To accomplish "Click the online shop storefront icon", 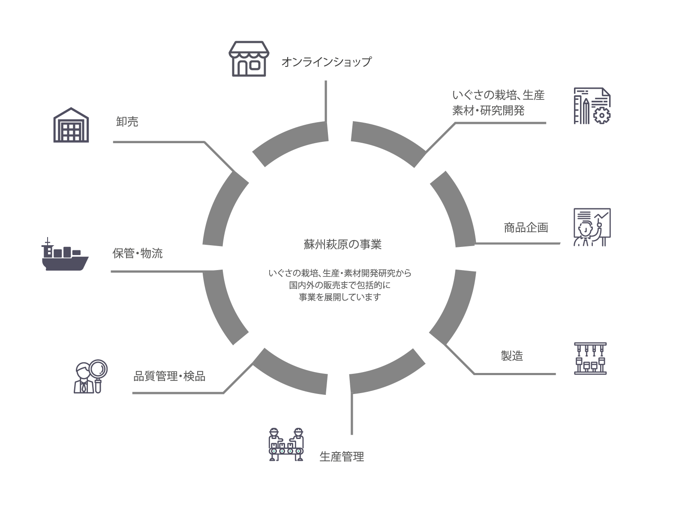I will tap(249, 59).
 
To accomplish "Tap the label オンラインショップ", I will tap(326, 62).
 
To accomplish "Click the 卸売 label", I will tap(127, 122).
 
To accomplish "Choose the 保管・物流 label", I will tap(137, 254).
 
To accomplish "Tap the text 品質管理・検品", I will tap(169, 377).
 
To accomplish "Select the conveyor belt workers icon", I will tap(286, 445).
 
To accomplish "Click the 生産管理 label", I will tap(342, 457).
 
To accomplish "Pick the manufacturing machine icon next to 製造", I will tap(590, 359).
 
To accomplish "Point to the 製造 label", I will tap(512, 356).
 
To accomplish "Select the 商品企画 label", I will tap(526, 228).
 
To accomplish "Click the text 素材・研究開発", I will tap(488, 111).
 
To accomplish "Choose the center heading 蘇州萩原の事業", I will tap(342, 244).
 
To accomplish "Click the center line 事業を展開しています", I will tap(340, 297).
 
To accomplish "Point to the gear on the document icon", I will tap(602, 115).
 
